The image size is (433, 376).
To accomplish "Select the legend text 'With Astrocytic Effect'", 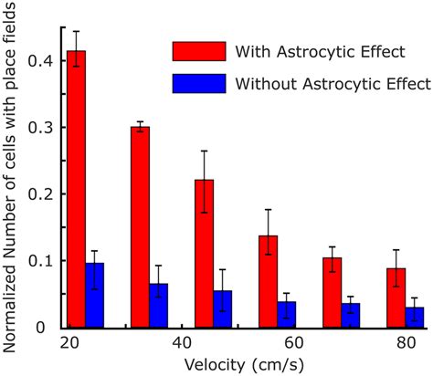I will [308, 50].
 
